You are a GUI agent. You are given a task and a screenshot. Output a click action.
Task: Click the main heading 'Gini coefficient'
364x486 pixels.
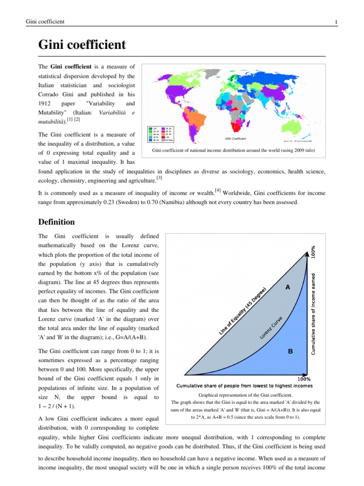click(82, 45)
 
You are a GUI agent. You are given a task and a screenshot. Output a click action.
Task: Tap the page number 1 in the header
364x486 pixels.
click(336, 22)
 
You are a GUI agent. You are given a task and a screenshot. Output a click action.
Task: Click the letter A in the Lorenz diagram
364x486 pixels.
click(288, 287)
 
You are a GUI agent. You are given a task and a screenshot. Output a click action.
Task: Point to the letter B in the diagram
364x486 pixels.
click(291, 352)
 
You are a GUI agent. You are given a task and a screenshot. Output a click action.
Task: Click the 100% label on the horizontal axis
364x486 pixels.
click(304, 379)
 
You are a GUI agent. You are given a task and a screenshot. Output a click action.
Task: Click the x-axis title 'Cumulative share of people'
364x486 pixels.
click(245, 386)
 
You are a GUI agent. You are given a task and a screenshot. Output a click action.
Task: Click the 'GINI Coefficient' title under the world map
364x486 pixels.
click(235, 139)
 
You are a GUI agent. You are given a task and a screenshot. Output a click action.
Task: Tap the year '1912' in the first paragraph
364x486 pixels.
click(45, 103)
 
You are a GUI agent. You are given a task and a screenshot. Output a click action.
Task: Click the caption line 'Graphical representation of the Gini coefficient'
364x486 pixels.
click(245, 394)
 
